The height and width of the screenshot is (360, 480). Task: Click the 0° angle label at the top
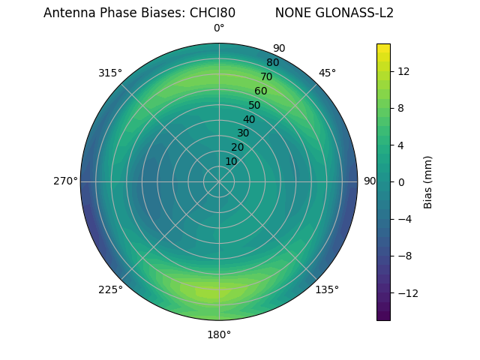(219, 28)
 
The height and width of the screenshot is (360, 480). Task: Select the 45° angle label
(327, 73)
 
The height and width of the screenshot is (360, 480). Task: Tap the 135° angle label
(327, 289)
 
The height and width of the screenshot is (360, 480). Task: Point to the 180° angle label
(219, 334)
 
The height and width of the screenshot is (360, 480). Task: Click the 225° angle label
(110, 289)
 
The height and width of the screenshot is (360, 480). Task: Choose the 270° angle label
(65, 181)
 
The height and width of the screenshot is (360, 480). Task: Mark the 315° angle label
(110, 73)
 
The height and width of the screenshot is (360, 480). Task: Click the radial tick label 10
(231, 162)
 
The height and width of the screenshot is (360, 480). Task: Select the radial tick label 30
(243, 133)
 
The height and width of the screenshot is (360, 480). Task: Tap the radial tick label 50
(254, 106)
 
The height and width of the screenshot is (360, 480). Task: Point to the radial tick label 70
(266, 76)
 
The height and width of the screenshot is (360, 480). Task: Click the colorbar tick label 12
(403, 71)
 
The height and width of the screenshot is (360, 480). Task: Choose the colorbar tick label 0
(400, 181)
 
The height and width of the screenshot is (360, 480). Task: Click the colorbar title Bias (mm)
(428, 181)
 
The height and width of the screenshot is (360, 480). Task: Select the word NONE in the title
(289, 13)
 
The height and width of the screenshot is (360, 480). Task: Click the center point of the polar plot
(219, 181)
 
